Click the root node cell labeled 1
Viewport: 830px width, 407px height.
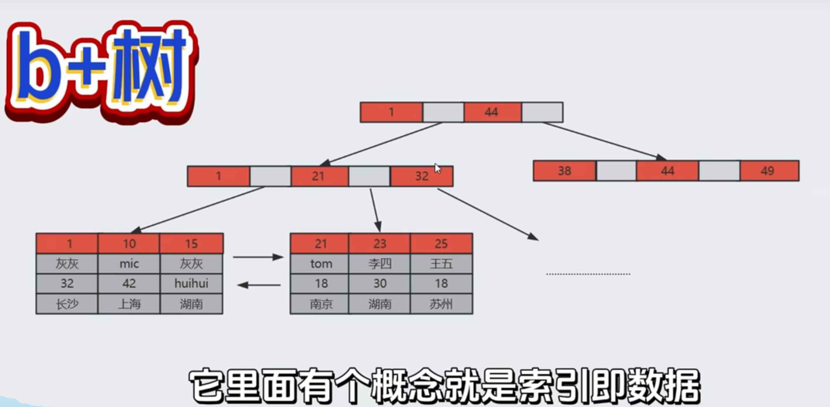pos(391,112)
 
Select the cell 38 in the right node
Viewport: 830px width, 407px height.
pos(564,171)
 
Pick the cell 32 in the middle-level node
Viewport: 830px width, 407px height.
pos(422,176)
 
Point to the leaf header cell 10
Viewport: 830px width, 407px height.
pos(129,244)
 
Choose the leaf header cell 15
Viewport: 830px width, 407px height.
pos(191,244)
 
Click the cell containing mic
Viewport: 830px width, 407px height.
pos(129,264)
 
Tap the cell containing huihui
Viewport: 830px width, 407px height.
pos(191,284)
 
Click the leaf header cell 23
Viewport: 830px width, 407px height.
pos(379,244)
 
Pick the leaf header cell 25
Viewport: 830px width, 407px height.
pos(441,244)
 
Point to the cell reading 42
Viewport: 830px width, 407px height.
pos(129,284)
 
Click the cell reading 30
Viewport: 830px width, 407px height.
pos(379,284)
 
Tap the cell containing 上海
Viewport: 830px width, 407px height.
pos(129,304)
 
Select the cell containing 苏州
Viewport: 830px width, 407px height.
pos(441,304)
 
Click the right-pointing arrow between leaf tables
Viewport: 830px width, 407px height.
pos(258,257)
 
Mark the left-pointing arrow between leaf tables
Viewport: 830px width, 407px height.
pos(259,285)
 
